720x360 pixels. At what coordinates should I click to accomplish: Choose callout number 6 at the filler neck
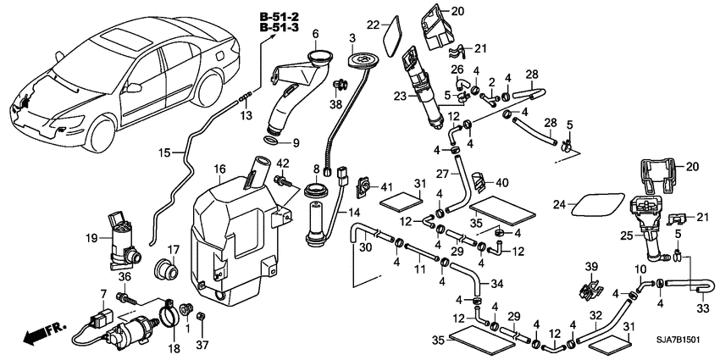point(314,34)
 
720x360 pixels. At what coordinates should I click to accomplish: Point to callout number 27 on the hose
point(441,173)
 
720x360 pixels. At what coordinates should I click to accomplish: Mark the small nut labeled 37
point(202,318)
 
